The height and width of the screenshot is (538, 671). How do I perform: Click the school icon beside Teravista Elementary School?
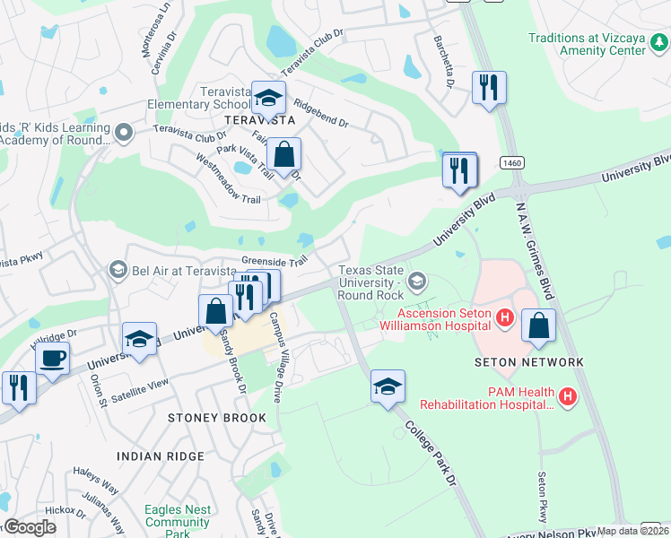point(268,98)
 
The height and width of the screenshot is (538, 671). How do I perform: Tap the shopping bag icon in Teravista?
point(284,155)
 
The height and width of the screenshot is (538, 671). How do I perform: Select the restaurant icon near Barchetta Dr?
point(489,88)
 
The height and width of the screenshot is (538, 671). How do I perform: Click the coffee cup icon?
point(52,359)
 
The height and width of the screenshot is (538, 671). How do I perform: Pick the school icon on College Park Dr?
point(388,386)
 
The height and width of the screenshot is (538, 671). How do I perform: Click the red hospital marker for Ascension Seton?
point(505,317)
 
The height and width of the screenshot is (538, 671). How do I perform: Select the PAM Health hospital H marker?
point(567,395)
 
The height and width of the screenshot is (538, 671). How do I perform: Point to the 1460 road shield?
point(512,162)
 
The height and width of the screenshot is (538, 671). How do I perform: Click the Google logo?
point(30,526)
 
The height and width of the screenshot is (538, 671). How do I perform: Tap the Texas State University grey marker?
point(416,282)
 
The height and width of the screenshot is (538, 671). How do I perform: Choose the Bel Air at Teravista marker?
point(118,270)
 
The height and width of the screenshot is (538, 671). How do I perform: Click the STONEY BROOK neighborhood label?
point(218,418)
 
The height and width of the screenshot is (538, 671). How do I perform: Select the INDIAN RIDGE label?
point(161,456)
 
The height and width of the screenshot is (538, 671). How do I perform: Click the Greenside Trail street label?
point(274,260)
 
